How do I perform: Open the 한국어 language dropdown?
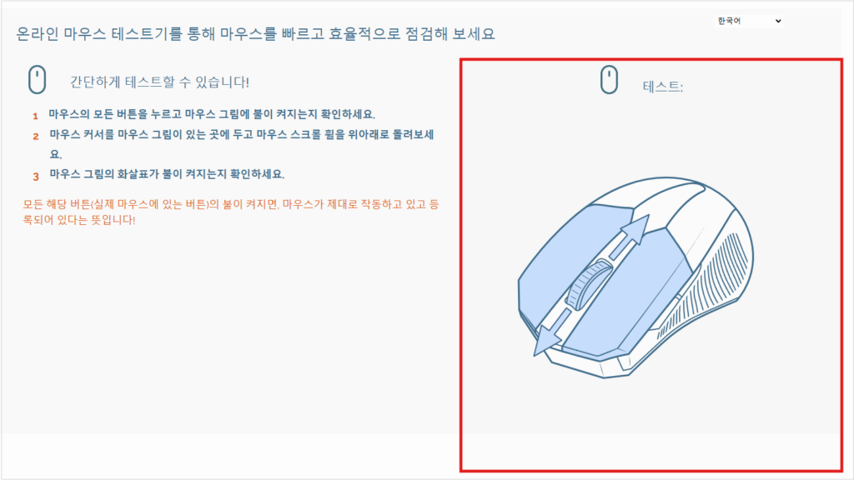pyautogui.click(x=748, y=21)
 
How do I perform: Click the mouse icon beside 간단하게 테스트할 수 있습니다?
pyautogui.click(x=37, y=79)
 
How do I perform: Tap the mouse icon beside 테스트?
pyautogui.click(x=609, y=79)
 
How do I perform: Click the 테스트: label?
pyautogui.click(x=662, y=87)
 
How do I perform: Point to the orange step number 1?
pyautogui.click(x=35, y=116)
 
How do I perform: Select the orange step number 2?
pyautogui.click(x=36, y=136)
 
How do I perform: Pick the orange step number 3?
pyautogui.click(x=36, y=177)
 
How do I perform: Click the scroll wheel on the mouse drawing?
pyautogui.click(x=587, y=285)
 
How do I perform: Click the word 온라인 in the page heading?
pyautogui.click(x=37, y=33)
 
